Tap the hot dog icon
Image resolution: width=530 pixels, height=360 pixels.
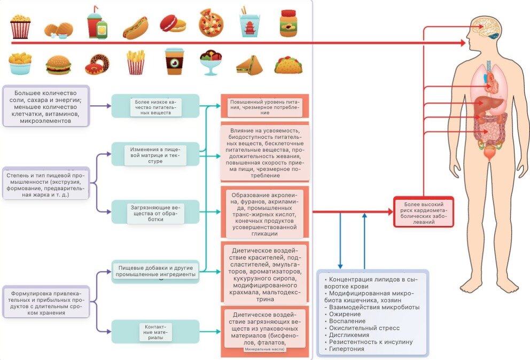[135, 27]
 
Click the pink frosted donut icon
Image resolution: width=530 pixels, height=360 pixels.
[97, 65]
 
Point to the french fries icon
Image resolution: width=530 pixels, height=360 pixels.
[136, 62]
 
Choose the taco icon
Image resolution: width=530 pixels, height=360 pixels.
[289, 65]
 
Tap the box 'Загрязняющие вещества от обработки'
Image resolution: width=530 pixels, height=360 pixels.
[155, 212]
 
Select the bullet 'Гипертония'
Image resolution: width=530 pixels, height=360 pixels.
[347, 349]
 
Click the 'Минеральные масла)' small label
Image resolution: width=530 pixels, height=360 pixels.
[264, 349]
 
